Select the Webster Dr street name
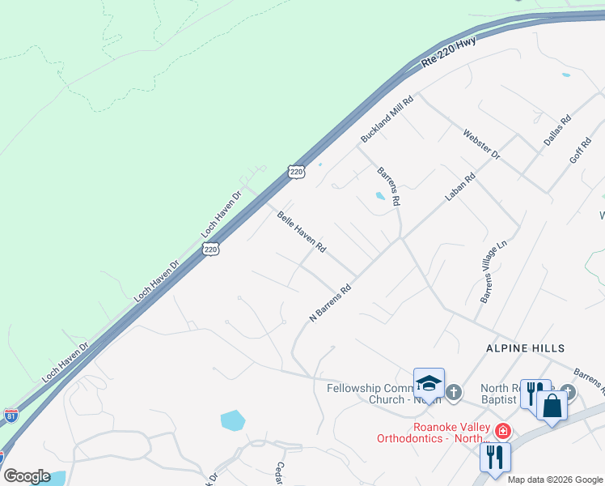pyautogui.click(x=482, y=144)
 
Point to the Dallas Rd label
pyautogui.click(x=557, y=130)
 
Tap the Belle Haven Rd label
pyautogui.click(x=301, y=232)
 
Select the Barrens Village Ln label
pyautogui.click(x=493, y=276)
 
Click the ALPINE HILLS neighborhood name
pyautogui.click(x=524, y=347)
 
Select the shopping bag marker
pyautogui.click(x=552, y=405)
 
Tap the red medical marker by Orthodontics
pyautogui.click(x=502, y=430)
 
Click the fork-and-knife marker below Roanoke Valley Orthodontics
pyautogui.click(x=495, y=457)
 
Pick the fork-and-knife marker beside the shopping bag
pyautogui.click(x=535, y=394)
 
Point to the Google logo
pyautogui.click(x=27, y=476)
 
